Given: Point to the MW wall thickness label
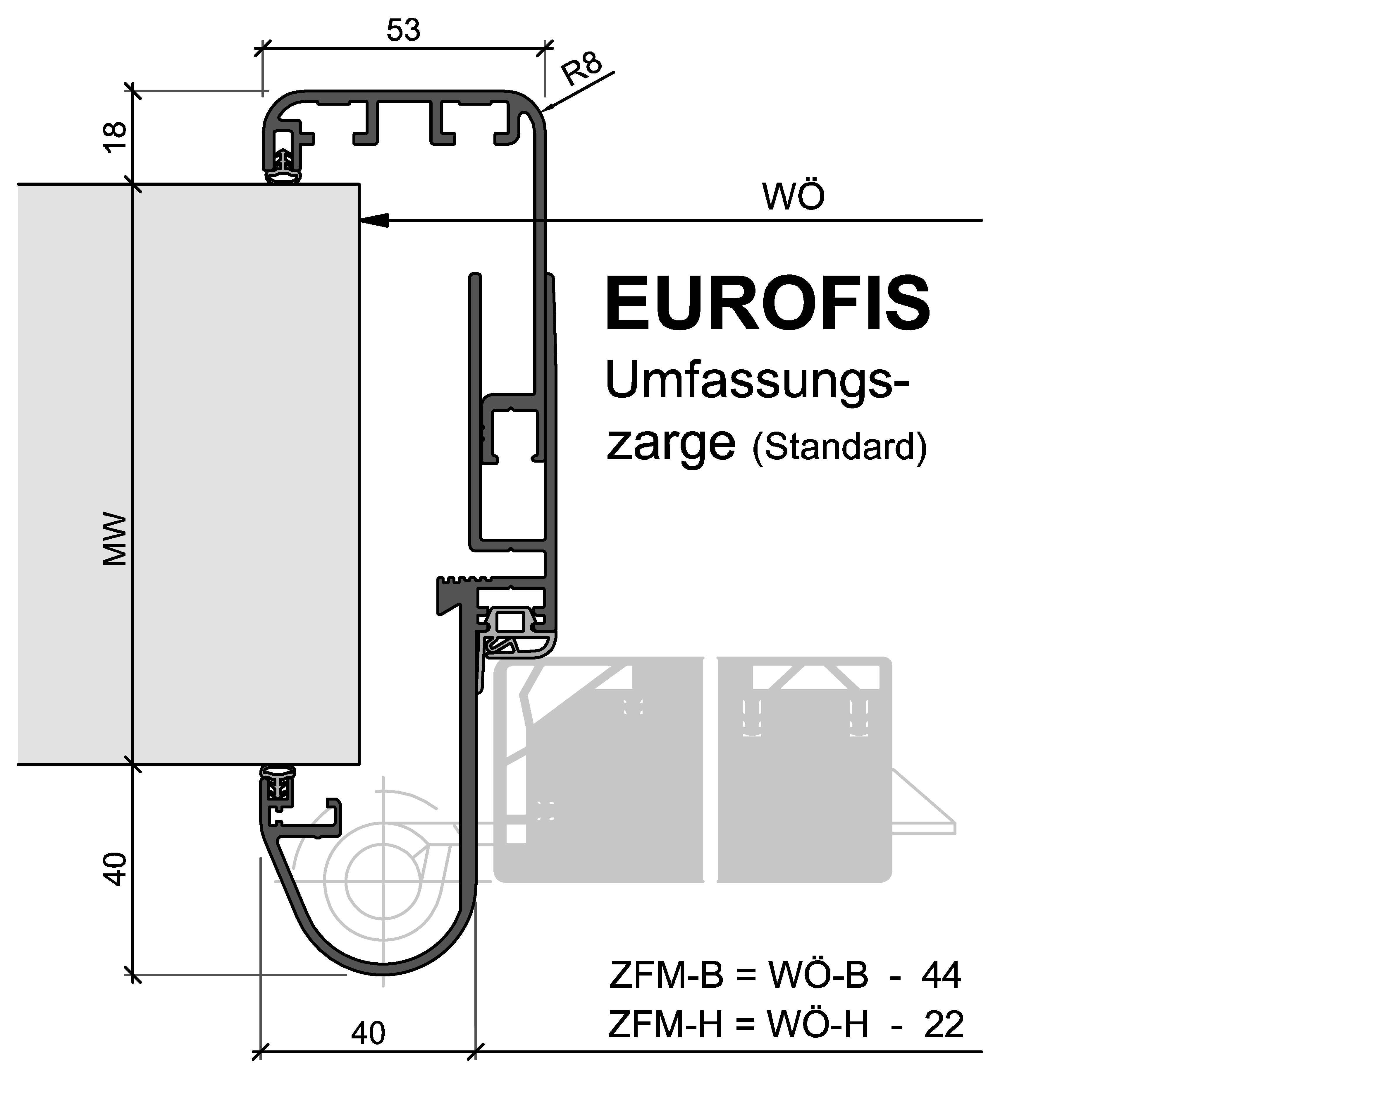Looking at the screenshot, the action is point(115,539).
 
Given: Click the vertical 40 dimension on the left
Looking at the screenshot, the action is point(115,869).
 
